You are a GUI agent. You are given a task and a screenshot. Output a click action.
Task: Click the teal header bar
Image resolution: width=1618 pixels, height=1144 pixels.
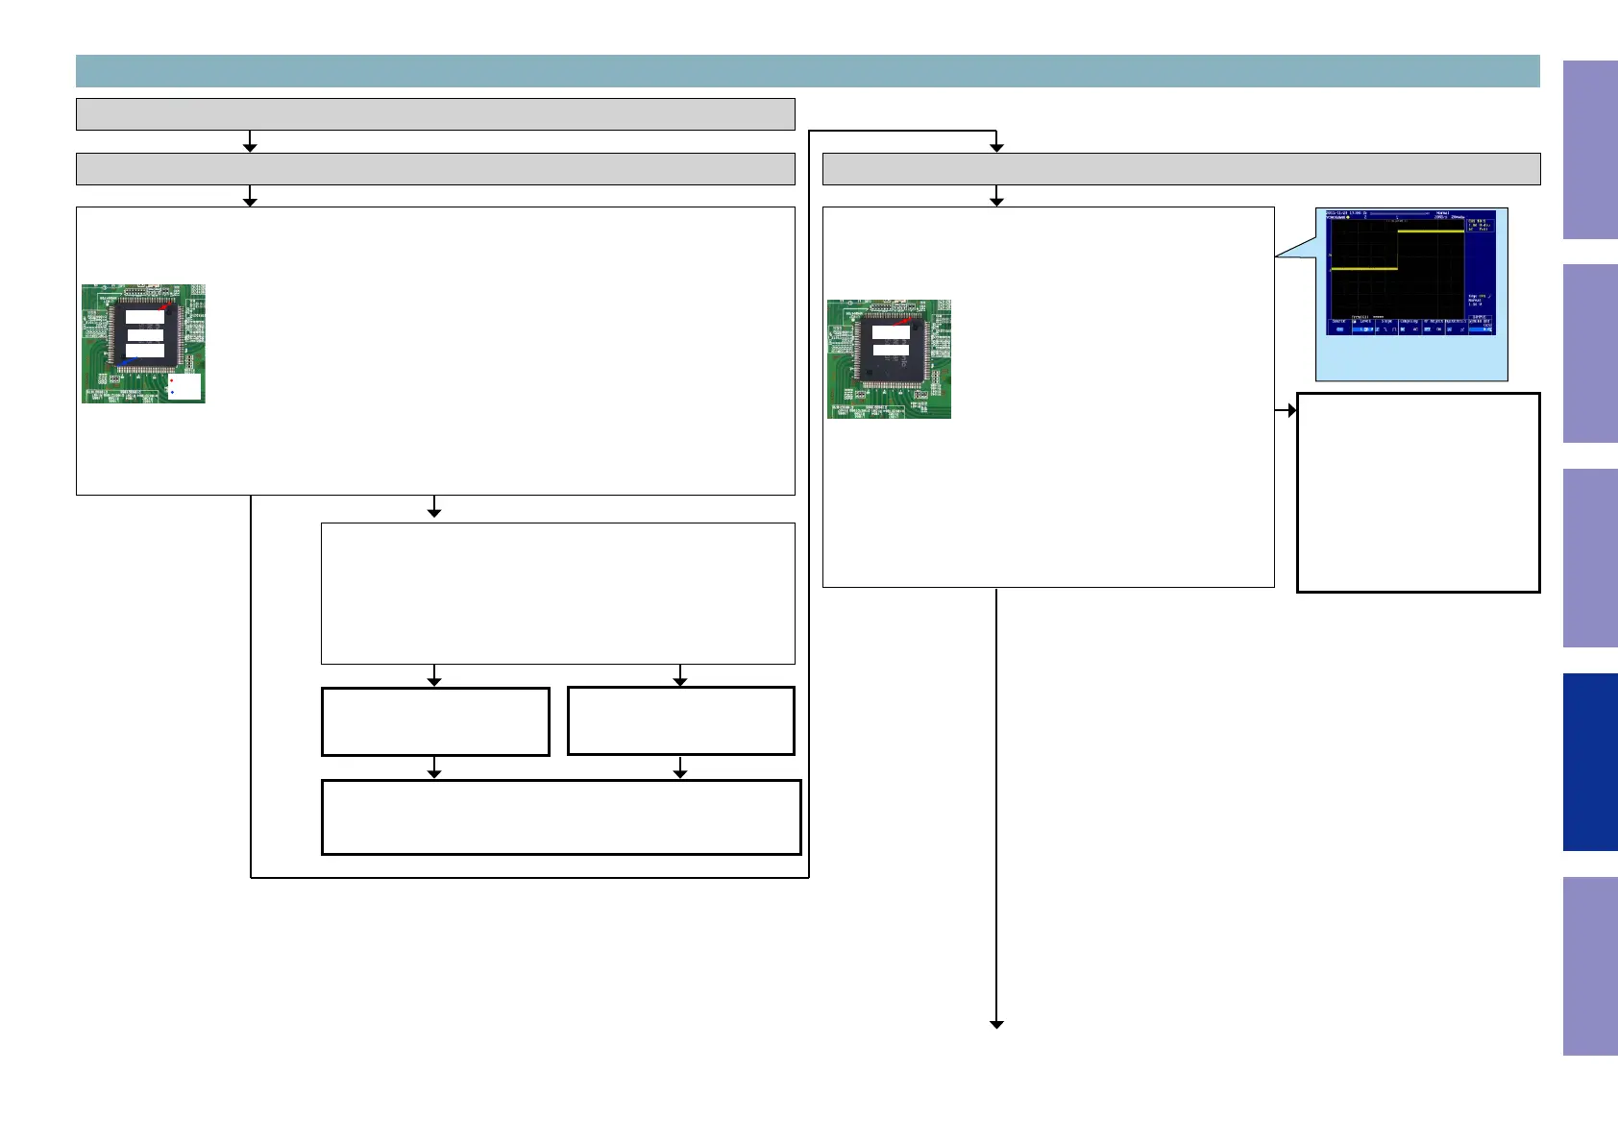coord(807,71)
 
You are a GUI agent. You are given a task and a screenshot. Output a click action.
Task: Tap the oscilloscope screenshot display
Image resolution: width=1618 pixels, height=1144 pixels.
coord(1410,273)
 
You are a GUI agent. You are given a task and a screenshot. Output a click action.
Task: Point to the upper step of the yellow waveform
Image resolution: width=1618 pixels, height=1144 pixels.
coord(1430,231)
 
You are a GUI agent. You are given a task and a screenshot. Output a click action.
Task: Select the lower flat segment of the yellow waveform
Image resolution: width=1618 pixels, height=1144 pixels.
coord(1362,270)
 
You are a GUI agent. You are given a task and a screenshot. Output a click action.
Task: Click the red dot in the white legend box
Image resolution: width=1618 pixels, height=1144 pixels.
coord(172,380)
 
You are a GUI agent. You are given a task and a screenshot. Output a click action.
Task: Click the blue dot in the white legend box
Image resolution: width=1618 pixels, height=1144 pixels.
coord(172,393)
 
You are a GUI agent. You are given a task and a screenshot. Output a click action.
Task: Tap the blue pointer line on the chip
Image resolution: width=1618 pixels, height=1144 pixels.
coord(127,361)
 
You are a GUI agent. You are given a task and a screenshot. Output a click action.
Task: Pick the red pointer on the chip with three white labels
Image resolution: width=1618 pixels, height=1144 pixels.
coord(168,307)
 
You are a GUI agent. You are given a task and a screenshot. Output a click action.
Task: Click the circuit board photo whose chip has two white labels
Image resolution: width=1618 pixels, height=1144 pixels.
coord(889,358)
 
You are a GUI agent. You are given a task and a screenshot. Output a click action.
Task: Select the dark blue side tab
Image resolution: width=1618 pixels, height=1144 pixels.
coord(1590,762)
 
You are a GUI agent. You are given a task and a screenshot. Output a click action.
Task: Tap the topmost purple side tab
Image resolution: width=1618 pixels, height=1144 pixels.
coord(1590,150)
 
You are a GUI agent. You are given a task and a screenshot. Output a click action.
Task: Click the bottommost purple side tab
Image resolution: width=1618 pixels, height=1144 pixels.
coord(1590,965)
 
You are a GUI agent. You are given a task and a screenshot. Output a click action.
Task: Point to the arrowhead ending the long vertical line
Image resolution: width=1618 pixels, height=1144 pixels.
coord(996,1025)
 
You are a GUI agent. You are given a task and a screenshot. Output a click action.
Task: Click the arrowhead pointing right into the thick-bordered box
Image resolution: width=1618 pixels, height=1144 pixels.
coord(1292,410)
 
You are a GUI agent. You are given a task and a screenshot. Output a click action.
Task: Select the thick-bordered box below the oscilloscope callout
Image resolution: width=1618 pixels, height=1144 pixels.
coord(1418,492)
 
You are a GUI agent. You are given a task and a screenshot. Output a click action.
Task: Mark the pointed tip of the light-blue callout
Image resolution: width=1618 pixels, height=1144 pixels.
coord(1277,256)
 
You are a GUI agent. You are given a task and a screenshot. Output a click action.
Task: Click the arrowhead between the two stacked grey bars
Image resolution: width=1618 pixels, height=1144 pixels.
coord(250,147)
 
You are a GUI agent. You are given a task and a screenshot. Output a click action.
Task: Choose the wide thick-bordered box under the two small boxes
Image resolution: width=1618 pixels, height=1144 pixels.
coord(561,817)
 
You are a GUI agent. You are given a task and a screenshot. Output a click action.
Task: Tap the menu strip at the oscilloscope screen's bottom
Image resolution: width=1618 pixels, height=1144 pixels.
coord(1410,327)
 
